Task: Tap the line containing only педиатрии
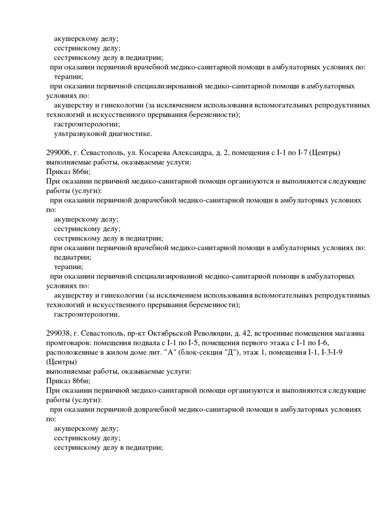point(73,257)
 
